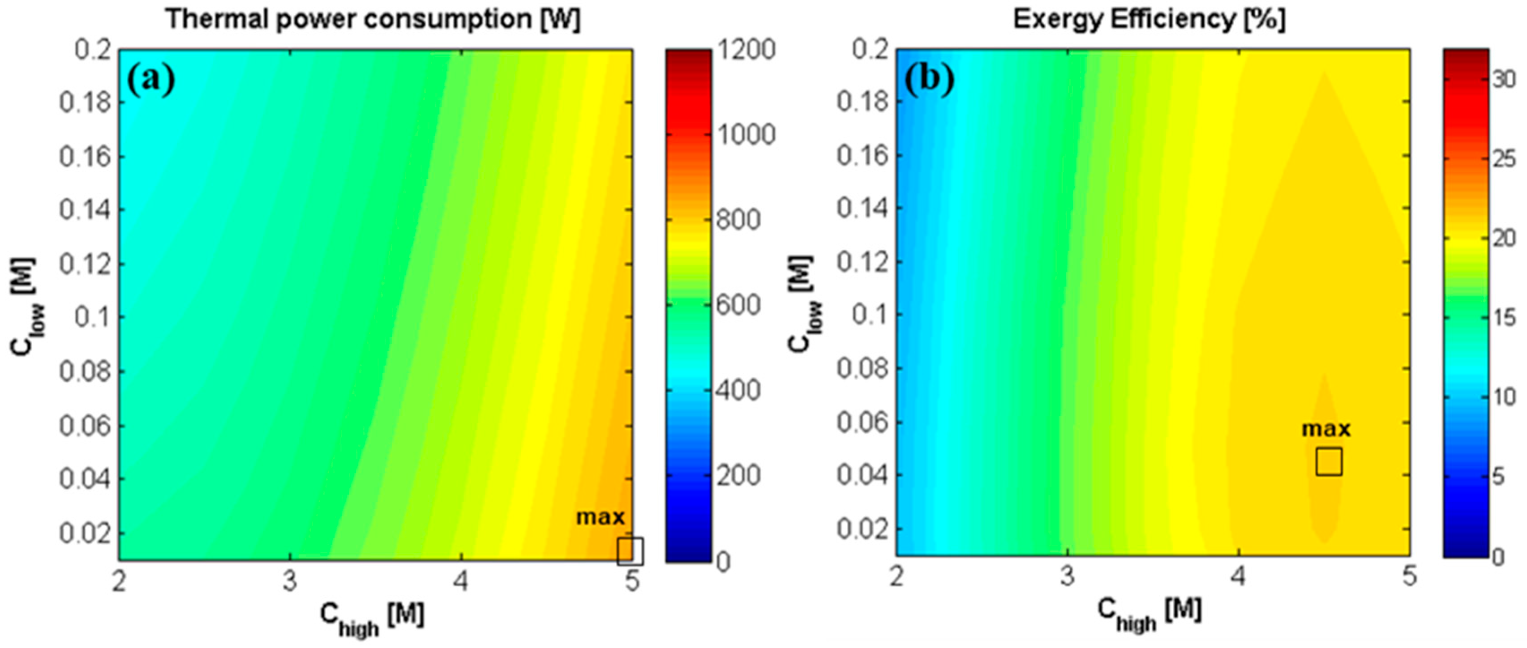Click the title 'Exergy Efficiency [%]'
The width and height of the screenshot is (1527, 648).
coord(1149,20)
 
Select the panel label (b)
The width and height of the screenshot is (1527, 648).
coord(929,79)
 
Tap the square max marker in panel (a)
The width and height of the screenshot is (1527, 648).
coord(630,551)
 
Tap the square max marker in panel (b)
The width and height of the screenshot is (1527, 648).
coord(1329,462)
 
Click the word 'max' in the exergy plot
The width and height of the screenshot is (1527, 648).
coord(1326,429)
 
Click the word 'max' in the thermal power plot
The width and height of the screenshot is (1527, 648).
coord(601,517)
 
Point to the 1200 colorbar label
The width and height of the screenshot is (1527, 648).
coord(746,50)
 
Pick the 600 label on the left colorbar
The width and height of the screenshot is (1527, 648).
coord(738,306)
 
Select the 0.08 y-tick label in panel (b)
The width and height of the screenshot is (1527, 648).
coord(863,368)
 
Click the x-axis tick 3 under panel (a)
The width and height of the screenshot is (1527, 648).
coord(289,582)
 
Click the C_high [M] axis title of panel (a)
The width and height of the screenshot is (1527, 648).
coord(372,617)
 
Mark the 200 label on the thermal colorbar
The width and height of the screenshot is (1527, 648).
coord(738,476)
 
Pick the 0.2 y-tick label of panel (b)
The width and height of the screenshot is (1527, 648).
coord(870,49)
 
